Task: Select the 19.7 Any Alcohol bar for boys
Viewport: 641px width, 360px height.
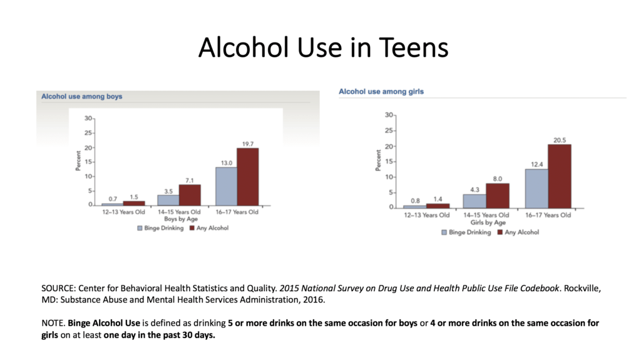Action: pos(247,177)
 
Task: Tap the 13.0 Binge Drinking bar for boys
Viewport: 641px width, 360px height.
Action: pos(226,186)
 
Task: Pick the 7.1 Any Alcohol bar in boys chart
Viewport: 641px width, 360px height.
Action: pos(190,195)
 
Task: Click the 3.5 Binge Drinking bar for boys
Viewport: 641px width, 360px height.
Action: pos(168,200)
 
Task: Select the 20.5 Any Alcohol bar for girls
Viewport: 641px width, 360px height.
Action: pos(559,176)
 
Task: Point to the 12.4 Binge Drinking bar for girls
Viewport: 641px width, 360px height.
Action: pos(536,188)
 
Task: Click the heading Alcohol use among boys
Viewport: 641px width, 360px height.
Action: pos(81,96)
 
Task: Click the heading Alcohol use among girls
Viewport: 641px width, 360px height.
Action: pos(381,91)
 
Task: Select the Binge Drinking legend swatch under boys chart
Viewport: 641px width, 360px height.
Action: pos(140,229)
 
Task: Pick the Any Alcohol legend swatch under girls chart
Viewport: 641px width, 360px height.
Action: pos(500,232)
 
